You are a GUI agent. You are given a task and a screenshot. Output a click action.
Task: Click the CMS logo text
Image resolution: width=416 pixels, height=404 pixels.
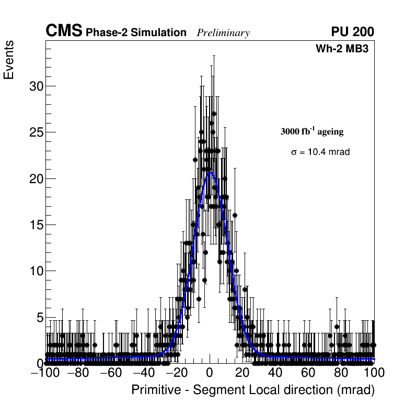tap(64, 31)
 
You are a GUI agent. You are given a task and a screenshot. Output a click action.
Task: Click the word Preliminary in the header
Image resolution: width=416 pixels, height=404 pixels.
tap(223, 33)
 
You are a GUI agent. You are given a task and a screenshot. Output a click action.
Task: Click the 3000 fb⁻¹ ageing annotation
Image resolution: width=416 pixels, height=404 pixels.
tap(312, 131)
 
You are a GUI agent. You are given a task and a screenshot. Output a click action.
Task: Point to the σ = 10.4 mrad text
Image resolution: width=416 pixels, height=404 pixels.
tap(320, 152)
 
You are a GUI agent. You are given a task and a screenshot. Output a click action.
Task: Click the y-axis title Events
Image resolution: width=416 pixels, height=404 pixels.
tap(9, 60)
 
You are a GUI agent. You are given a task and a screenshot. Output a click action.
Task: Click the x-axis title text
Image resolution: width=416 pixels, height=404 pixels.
tap(253, 390)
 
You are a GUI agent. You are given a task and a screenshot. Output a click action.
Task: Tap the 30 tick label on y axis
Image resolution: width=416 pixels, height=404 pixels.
tap(36, 86)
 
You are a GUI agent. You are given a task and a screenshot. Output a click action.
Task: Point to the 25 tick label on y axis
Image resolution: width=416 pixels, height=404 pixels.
tap(36, 132)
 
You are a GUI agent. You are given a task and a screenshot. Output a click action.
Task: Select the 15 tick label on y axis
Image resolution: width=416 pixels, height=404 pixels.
tap(36, 225)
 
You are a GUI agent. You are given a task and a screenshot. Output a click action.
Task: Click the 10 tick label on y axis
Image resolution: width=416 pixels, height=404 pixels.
tap(36, 271)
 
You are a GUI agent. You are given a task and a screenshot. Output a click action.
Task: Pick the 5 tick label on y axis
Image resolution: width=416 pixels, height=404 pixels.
tap(39, 317)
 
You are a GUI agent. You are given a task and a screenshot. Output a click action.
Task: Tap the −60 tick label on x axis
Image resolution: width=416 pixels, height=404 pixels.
tap(111, 373)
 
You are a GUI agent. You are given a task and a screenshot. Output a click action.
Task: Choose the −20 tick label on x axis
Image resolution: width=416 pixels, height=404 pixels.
tap(176, 373)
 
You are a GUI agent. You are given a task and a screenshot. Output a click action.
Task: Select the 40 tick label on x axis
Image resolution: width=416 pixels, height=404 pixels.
tap(275, 373)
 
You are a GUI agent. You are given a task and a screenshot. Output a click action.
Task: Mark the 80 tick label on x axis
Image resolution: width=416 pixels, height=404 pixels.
tap(341, 373)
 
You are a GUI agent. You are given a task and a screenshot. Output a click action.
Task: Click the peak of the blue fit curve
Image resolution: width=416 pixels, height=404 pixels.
tap(210, 172)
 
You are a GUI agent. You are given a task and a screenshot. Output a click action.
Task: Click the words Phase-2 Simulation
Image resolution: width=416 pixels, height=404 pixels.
tap(136, 33)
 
